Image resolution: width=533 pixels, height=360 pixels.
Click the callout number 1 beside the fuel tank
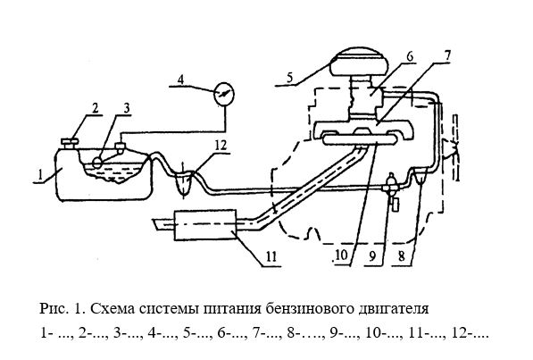[x=40, y=174]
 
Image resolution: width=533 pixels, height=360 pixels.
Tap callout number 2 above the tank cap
[x=95, y=109]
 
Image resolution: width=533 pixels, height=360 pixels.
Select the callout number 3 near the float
[x=126, y=109]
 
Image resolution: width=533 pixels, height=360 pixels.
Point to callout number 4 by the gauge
[x=180, y=80]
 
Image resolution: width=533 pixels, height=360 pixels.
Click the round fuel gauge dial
[x=224, y=93]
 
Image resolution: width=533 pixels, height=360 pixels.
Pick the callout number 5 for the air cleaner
[x=289, y=77]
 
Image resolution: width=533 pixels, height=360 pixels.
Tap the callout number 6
[x=410, y=57]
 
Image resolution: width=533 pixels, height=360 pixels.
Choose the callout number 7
[x=446, y=56]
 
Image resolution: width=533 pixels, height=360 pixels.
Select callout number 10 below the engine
[x=342, y=255]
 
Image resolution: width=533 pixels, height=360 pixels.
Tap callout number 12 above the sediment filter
[x=220, y=146]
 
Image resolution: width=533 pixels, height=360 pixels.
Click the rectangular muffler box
[x=205, y=225]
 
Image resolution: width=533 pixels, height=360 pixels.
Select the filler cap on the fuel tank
[x=70, y=143]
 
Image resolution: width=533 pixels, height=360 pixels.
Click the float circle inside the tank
[x=97, y=162]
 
